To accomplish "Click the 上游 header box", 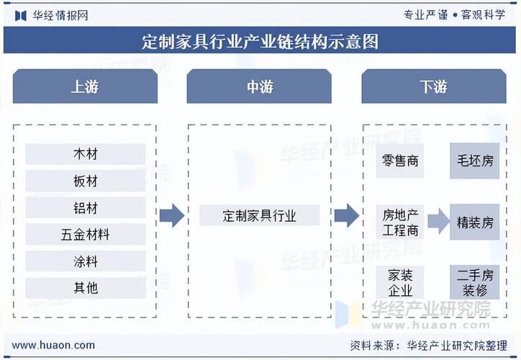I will [85, 87].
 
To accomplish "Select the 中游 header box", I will [259, 87].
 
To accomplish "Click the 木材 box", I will [85, 154].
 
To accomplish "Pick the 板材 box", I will [85, 181].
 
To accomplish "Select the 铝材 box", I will [85, 208].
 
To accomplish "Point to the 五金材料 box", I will [85, 235].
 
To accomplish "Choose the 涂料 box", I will [85, 261].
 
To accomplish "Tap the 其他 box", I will [85, 288].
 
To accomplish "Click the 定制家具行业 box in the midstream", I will [259, 215].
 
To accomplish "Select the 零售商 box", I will [400, 161].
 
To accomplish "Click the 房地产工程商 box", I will [400, 222].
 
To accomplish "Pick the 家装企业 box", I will [400, 282].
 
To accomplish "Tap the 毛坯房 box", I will [475, 161].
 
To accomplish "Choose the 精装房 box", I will [475, 222].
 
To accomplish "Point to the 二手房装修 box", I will [475, 282].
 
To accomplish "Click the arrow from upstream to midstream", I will [172, 215].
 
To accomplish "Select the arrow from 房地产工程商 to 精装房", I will [438, 222].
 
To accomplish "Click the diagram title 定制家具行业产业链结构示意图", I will [260, 41].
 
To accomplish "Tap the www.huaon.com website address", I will [54, 345].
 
